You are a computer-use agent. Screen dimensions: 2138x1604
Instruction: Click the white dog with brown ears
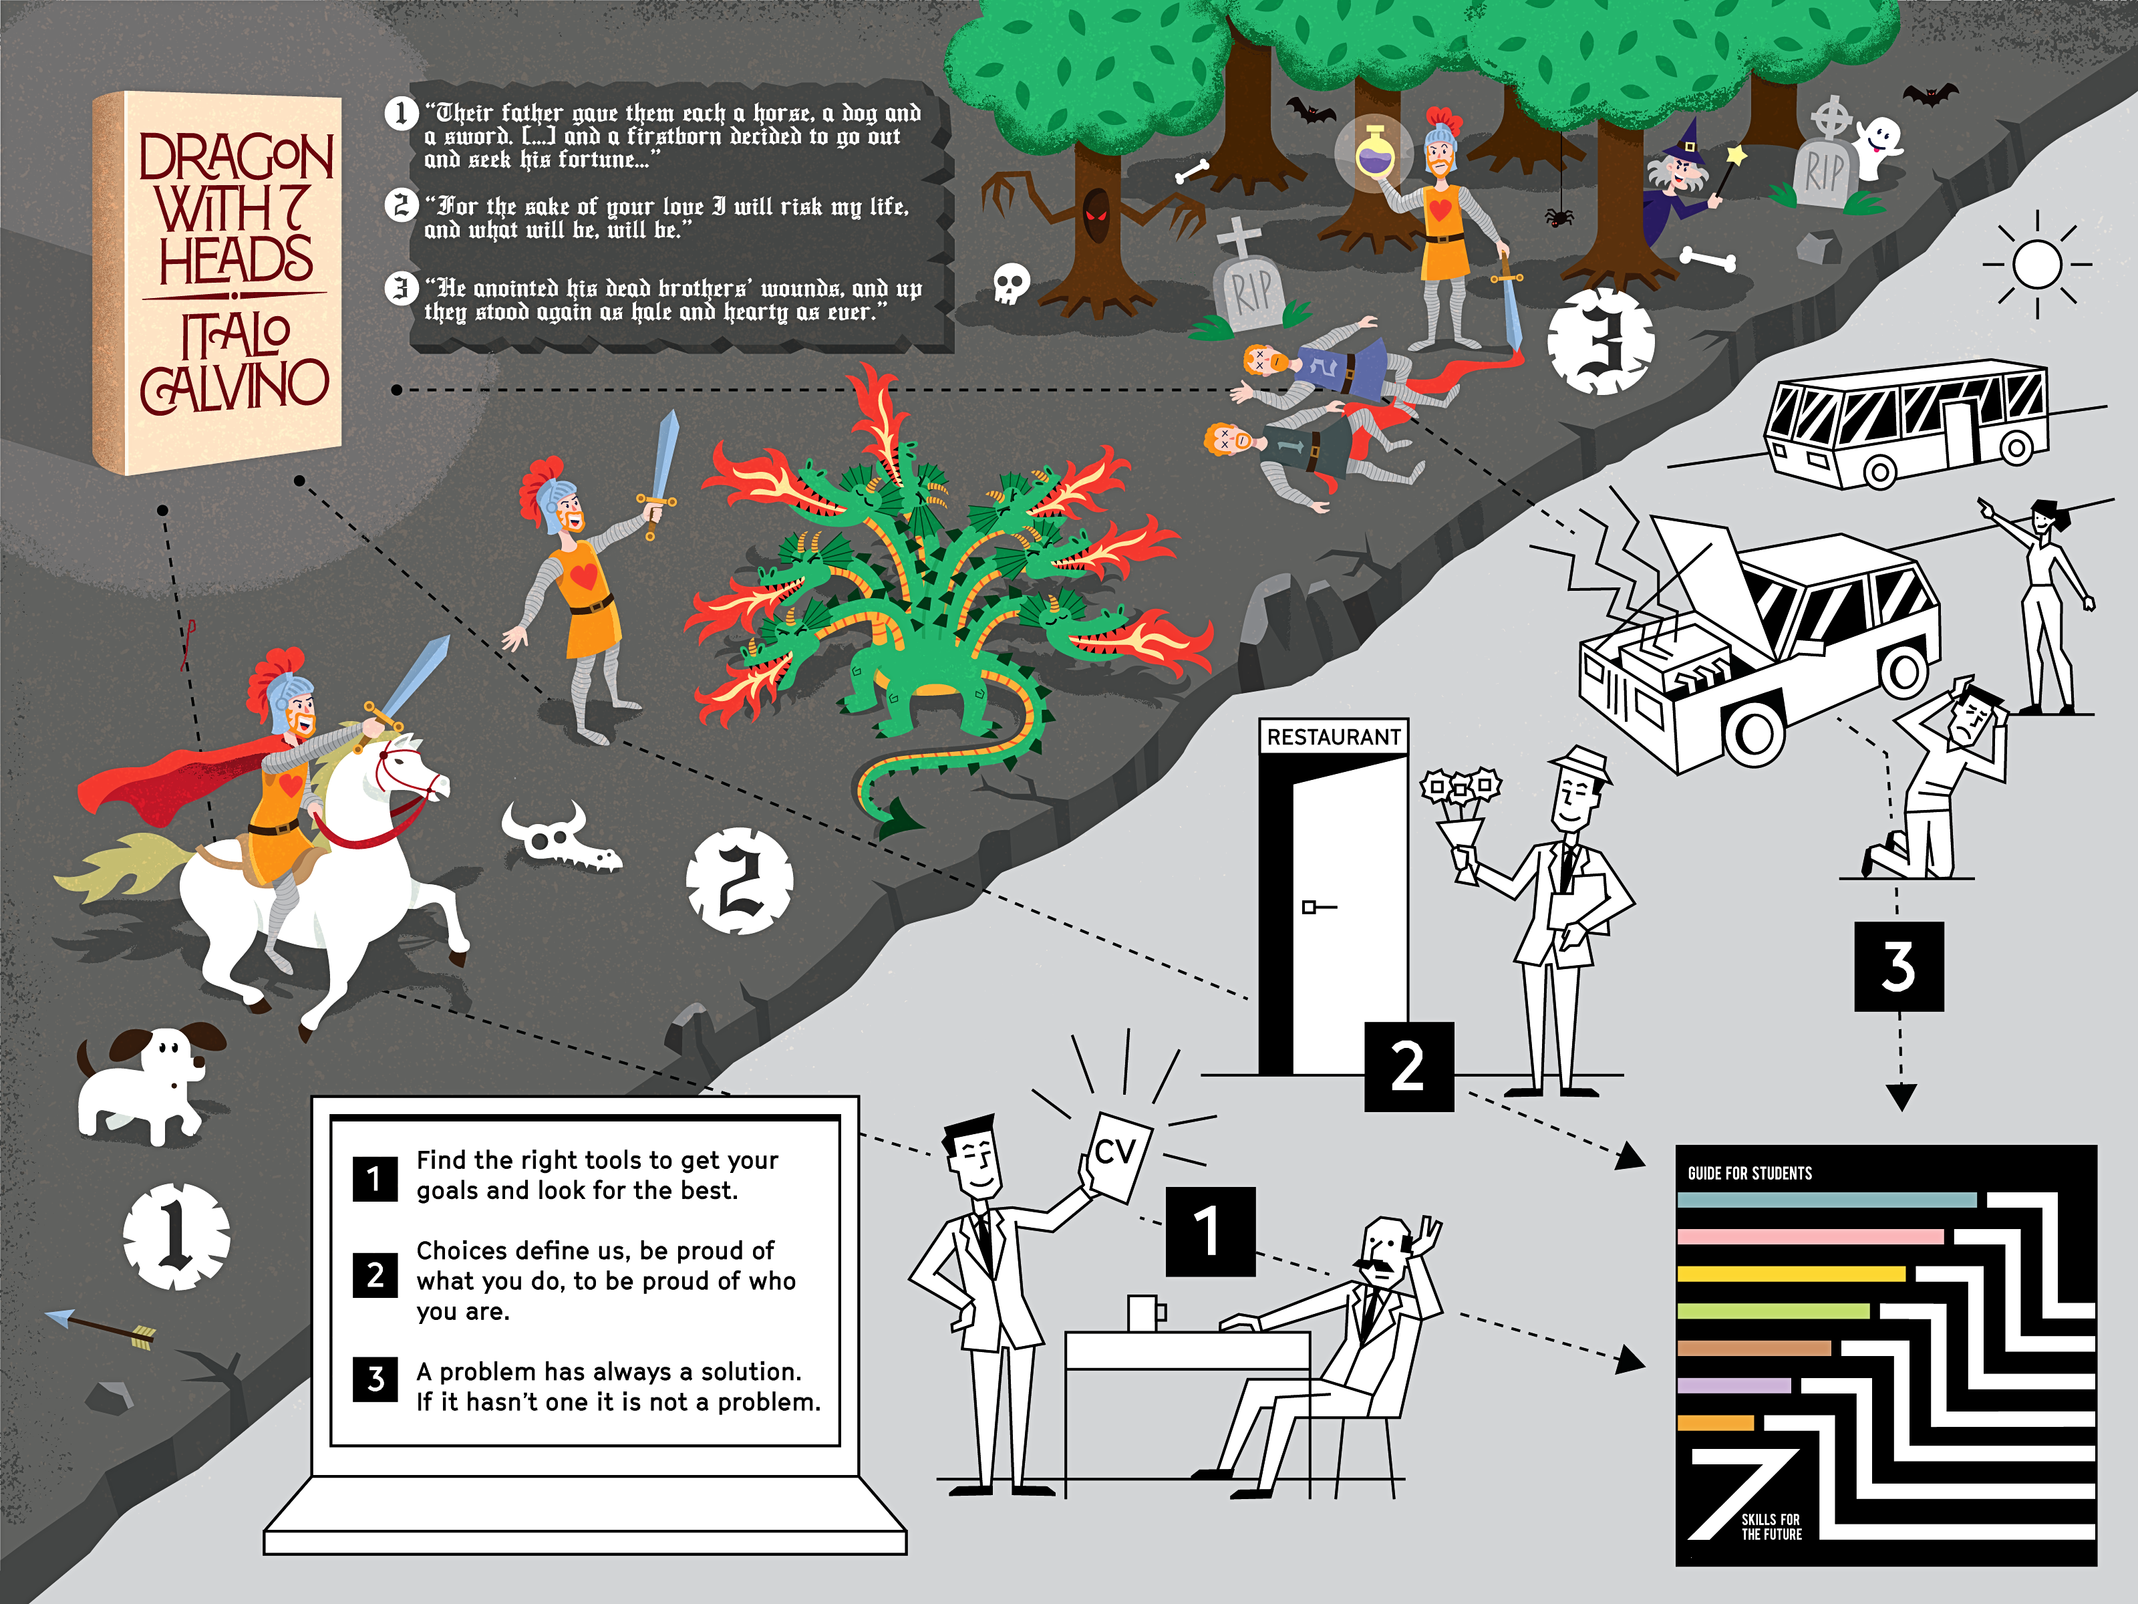pos(145,1083)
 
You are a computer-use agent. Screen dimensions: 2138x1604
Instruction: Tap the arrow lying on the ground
pos(100,1329)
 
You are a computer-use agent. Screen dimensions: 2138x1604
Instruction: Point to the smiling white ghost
pos(1877,145)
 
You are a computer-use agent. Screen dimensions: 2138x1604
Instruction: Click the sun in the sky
pos(2038,263)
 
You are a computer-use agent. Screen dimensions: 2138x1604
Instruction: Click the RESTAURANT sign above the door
pos(1334,737)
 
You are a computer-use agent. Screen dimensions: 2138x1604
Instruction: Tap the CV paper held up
pos(1115,1156)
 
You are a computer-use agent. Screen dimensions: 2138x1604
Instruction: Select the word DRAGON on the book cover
pos(236,156)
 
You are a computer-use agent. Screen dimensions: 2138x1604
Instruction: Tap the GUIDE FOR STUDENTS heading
pos(1749,1173)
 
